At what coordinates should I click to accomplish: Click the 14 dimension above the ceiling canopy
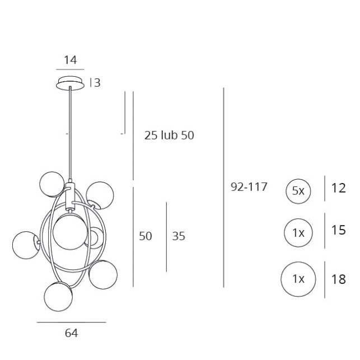click(70, 60)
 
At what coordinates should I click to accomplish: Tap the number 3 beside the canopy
click(97, 83)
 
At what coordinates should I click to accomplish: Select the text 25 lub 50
click(169, 135)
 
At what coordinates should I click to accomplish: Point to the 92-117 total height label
click(249, 187)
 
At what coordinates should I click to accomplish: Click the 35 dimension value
click(179, 236)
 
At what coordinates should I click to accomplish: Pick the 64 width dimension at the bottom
click(72, 333)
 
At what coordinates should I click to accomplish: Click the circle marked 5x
click(298, 191)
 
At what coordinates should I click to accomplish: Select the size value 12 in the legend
click(338, 188)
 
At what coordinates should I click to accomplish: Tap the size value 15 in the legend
click(338, 230)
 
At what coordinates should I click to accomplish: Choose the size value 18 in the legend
click(338, 279)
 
